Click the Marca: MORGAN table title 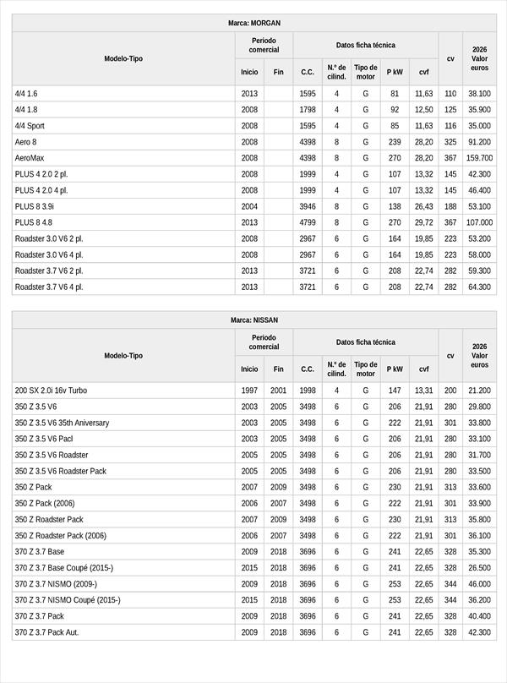[254, 23]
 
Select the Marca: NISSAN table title [254, 320]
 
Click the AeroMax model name [30, 158]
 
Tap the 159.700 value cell [479, 158]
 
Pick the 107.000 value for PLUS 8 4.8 [479, 222]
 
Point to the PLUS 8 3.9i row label [35, 206]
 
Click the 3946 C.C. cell [308, 206]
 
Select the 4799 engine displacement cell [308, 222]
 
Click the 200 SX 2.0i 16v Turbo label [51, 391]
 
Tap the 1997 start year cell [249, 391]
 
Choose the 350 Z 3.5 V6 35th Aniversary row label [62, 423]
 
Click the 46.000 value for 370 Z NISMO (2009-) [479, 584]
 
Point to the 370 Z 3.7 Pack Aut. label [46, 632]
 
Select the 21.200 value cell [479, 391]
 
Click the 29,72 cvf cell [424, 222]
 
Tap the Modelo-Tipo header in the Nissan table [123, 356]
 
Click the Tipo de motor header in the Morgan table [366, 72]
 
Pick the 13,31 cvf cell [424, 391]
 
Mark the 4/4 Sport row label [30, 126]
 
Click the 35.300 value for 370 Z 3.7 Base [479, 552]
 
